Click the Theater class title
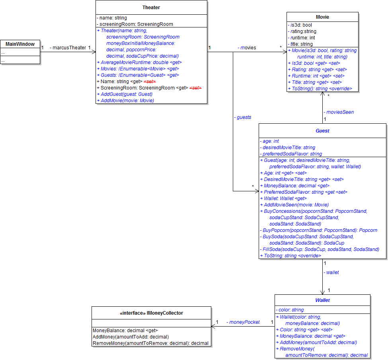(x=151, y=8)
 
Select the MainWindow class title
(x=20, y=44)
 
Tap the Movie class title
(x=322, y=17)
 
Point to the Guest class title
(x=322, y=130)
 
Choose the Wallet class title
(x=322, y=300)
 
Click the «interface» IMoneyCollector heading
(x=151, y=313)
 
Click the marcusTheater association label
(x=68, y=48)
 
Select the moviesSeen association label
(x=339, y=112)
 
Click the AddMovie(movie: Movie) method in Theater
(x=125, y=101)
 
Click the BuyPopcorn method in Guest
(x=318, y=230)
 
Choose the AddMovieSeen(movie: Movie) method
(x=294, y=204)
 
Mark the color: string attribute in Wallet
(x=289, y=310)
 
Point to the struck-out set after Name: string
(x=150, y=82)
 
